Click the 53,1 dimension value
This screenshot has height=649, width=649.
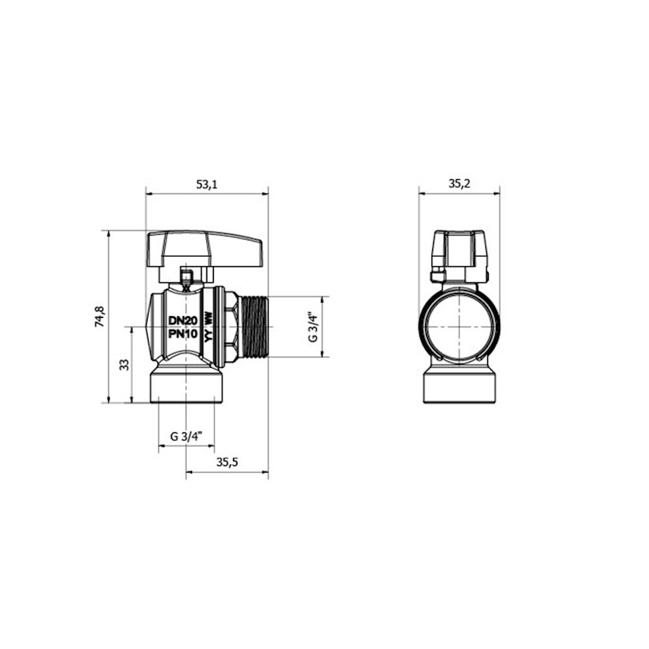206,184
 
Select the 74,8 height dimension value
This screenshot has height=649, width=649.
100,317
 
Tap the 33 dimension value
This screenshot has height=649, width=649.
124,365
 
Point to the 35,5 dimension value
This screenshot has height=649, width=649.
227,462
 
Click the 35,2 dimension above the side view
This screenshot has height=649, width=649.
459,184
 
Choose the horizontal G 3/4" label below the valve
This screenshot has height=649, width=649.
186,436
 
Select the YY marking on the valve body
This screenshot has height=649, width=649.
208,336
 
